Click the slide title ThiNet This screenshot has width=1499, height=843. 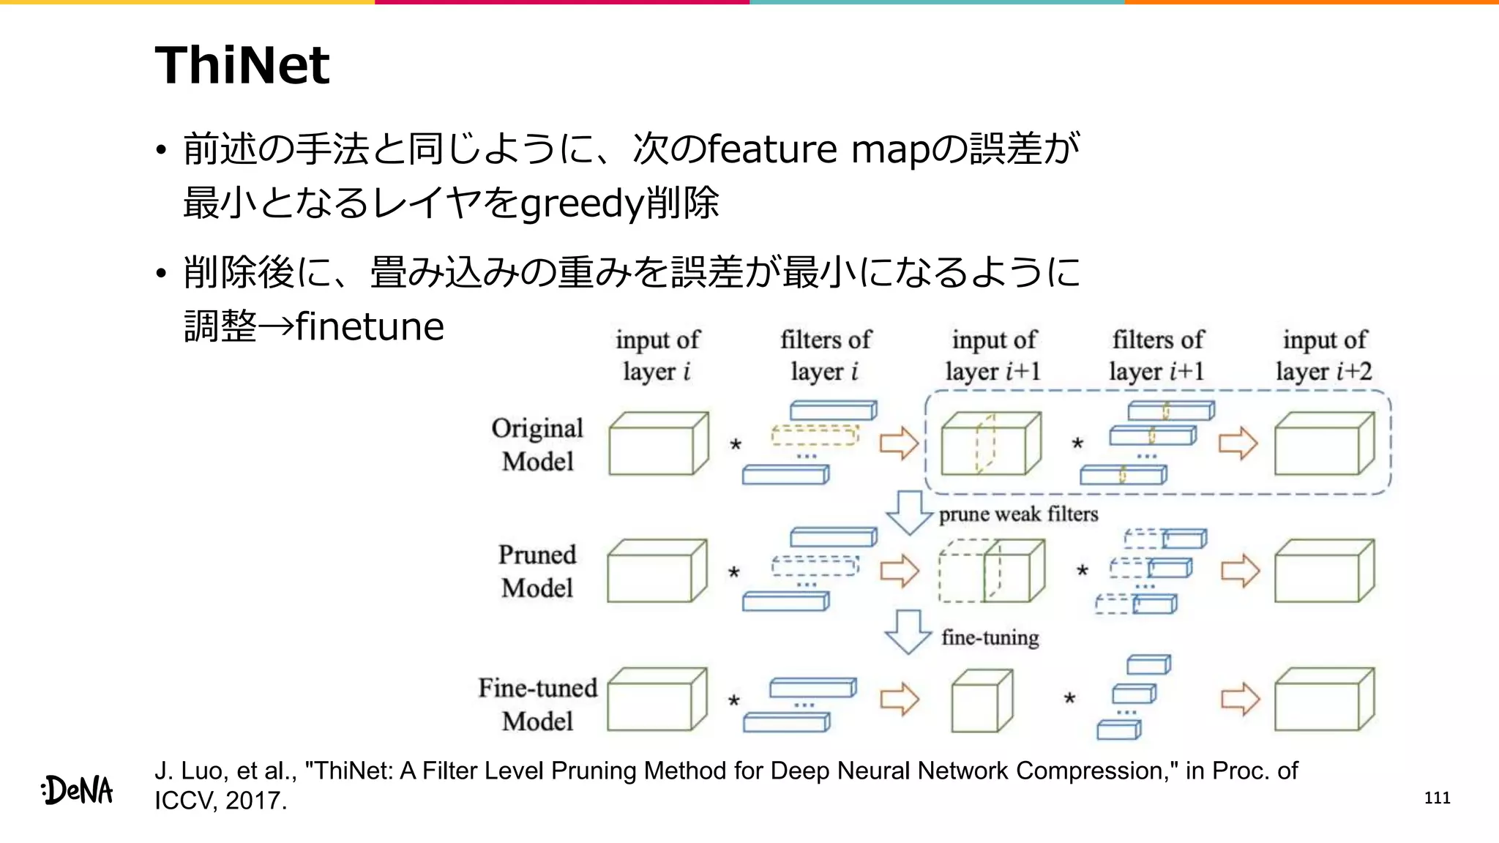[x=242, y=65]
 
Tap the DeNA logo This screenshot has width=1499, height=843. [x=78, y=790]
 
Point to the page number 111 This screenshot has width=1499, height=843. [x=1437, y=798]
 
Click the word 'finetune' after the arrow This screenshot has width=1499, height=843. [x=370, y=326]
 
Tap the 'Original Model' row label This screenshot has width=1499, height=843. [x=537, y=444]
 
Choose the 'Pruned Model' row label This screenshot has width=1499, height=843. [x=537, y=571]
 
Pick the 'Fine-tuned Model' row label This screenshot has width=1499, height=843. [x=537, y=704]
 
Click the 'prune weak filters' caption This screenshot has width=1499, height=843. [x=1018, y=514]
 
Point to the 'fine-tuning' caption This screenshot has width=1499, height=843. [x=990, y=637]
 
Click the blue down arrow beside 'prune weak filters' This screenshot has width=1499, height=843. [x=909, y=513]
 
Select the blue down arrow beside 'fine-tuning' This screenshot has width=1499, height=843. [x=908, y=632]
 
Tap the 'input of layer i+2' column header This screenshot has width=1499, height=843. [x=1324, y=356]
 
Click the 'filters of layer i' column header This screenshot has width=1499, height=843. [x=825, y=356]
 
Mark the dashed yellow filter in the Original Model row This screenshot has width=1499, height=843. [x=814, y=435]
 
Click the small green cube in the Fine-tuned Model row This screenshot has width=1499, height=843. [x=982, y=701]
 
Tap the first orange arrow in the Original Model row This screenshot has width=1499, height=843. [x=899, y=443]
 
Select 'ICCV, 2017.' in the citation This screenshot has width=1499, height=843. [x=220, y=801]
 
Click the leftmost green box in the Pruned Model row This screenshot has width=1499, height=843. [x=657, y=572]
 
